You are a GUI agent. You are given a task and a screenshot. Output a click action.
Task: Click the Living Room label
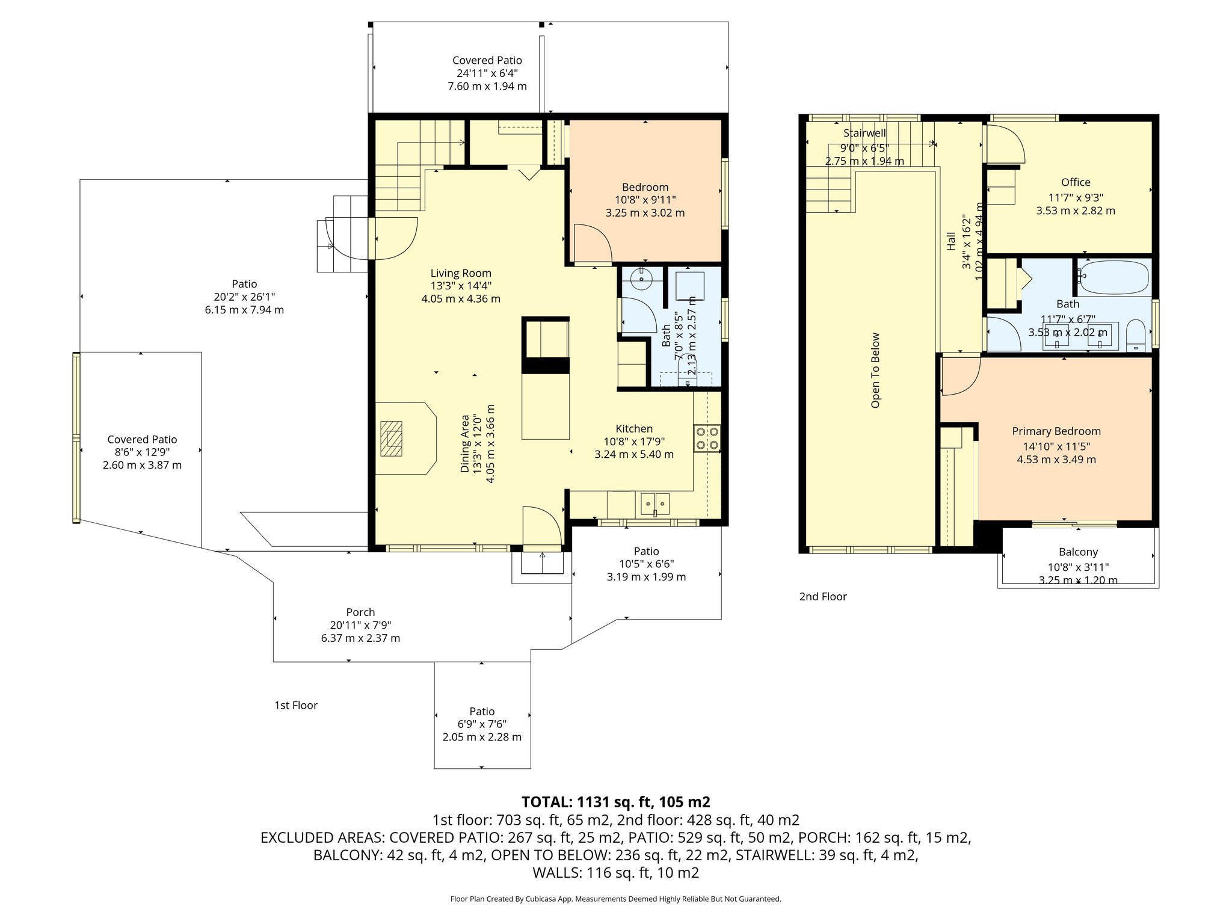[460, 273]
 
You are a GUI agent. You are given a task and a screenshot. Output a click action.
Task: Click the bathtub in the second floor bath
[1113, 277]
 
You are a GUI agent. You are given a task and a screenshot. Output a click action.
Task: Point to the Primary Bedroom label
[1056, 431]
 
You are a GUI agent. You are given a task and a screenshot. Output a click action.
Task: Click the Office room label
[1075, 182]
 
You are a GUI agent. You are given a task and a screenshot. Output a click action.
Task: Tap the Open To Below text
[875, 370]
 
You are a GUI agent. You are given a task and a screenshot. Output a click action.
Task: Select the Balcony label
[1078, 552]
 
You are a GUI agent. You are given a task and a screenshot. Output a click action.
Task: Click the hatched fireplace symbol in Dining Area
[392, 439]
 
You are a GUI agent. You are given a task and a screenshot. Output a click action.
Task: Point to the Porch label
[360, 612]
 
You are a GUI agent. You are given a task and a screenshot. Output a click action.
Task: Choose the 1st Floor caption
[295, 705]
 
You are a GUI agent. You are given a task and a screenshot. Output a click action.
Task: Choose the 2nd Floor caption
[822, 596]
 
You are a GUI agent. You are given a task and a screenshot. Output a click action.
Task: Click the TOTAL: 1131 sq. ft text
[615, 802]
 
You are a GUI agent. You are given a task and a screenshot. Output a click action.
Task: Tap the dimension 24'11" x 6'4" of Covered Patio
[487, 73]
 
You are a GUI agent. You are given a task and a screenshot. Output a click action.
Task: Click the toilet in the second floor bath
[1136, 334]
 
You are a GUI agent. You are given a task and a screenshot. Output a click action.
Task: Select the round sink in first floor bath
[641, 278]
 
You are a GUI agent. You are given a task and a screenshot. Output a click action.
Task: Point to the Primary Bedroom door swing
[959, 377]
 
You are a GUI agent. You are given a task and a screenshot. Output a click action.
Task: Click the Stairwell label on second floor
[864, 133]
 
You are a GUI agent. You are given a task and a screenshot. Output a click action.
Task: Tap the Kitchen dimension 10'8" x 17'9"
[633, 442]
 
